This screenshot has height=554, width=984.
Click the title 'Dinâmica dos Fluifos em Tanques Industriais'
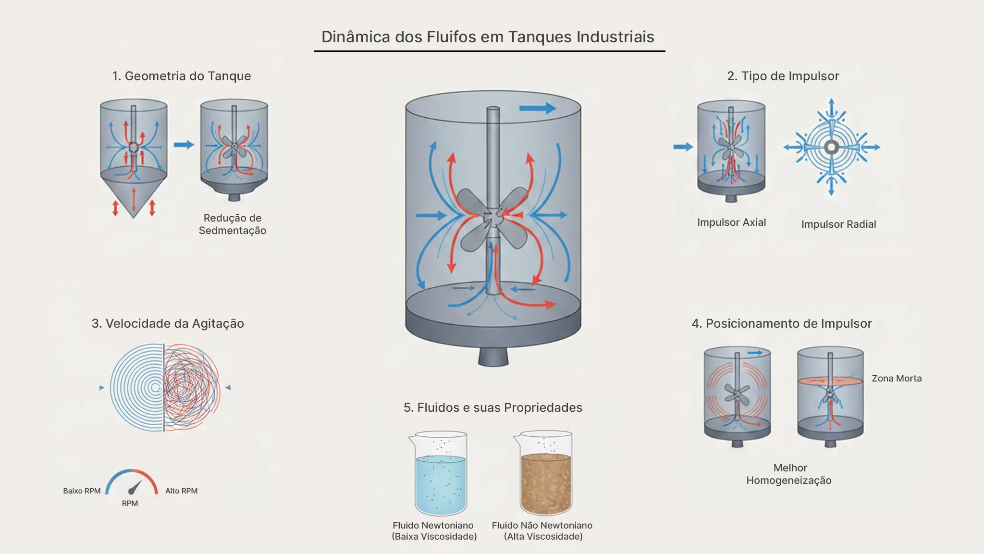(488, 37)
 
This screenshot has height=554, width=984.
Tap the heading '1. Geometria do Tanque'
(181, 76)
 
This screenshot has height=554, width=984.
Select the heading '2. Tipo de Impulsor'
(783, 76)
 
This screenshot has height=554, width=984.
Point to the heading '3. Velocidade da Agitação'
(168, 323)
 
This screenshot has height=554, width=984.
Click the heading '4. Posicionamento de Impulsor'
(781, 323)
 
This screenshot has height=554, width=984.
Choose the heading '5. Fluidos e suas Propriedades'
(492, 407)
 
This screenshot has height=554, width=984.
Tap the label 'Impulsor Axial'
(731, 222)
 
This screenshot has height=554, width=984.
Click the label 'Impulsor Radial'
(838, 224)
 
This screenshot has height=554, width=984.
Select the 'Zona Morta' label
(897, 379)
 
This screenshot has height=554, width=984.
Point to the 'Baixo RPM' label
(82, 491)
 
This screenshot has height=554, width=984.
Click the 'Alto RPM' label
(181, 491)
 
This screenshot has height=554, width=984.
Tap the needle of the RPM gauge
(135, 487)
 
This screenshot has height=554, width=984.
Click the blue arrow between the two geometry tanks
(184, 145)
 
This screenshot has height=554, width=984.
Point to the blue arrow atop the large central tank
(537, 108)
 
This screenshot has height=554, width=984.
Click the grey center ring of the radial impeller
(831, 147)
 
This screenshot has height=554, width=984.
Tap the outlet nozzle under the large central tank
(493, 357)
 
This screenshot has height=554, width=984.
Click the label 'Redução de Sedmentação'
(233, 224)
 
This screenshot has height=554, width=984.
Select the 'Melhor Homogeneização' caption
(789, 474)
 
